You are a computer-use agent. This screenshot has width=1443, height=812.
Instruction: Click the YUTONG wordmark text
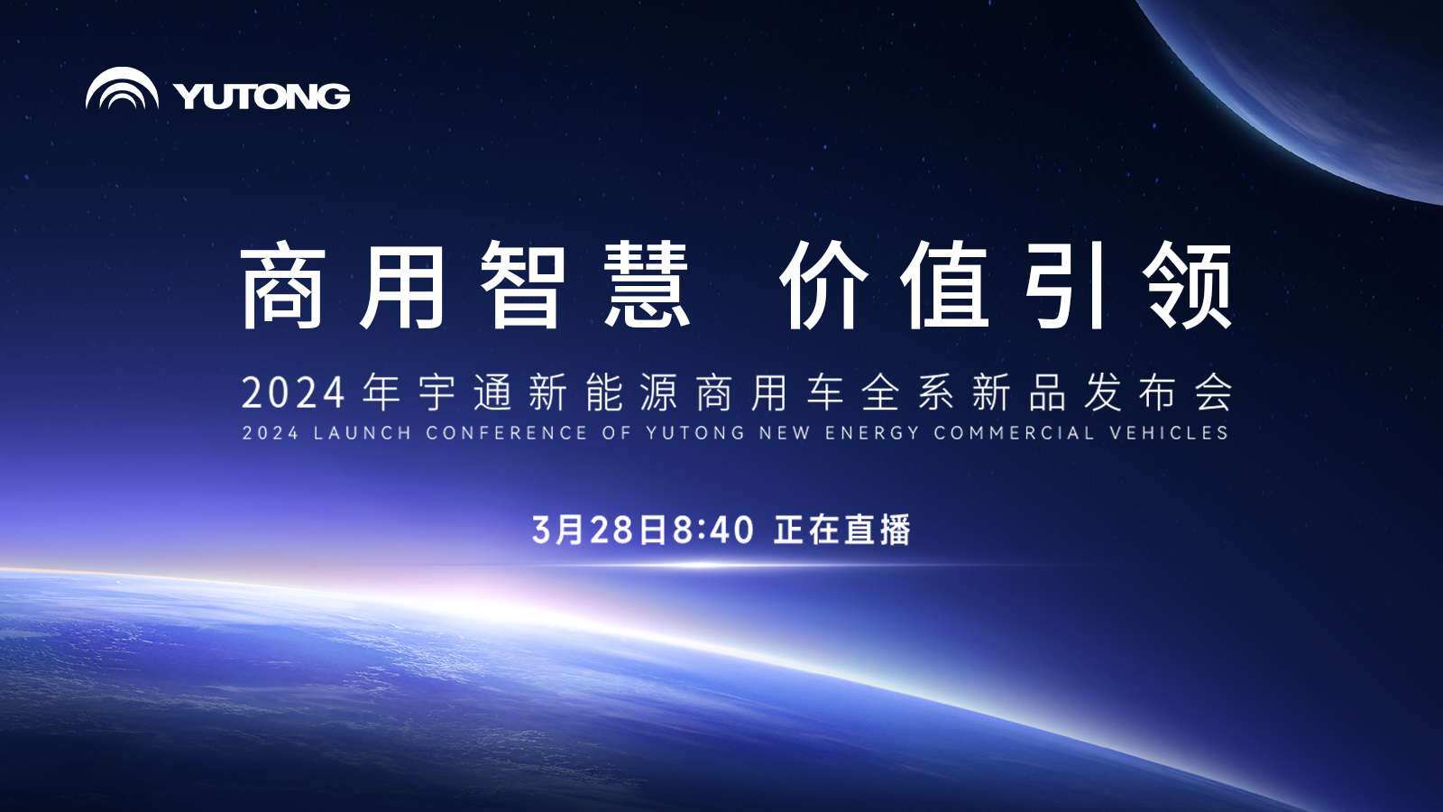point(262,96)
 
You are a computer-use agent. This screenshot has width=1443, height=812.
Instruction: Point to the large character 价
point(822,284)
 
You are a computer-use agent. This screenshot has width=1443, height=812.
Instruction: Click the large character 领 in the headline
point(1188,284)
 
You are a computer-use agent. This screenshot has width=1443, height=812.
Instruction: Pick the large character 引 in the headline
point(1065,284)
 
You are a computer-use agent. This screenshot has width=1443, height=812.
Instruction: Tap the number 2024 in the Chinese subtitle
point(293,392)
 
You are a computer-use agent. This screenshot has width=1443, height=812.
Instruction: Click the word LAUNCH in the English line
point(363,433)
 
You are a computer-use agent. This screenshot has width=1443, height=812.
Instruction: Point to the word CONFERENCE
point(506,433)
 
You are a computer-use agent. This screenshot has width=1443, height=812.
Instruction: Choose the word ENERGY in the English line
point(872,433)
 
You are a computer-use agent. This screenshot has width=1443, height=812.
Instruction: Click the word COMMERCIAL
point(1015,433)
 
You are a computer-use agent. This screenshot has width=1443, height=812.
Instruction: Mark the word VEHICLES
point(1169,433)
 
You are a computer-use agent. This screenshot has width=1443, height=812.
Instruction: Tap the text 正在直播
point(842,530)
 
